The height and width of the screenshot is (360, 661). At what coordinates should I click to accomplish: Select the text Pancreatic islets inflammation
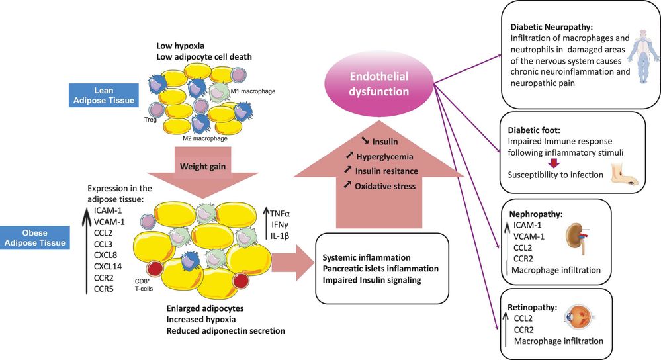click(x=380, y=269)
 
